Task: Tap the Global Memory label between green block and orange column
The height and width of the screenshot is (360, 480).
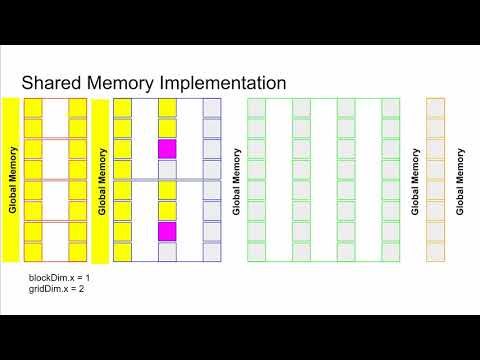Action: tap(414, 181)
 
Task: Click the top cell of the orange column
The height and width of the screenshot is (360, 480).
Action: tap(435, 108)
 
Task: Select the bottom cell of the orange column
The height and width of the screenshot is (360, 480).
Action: tap(435, 253)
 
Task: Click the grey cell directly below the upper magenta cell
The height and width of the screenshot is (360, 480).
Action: tap(166, 170)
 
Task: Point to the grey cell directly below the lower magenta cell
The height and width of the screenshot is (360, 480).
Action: tap(166, 252)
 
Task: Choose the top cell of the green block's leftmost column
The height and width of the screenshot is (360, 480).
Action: tap(257, 108)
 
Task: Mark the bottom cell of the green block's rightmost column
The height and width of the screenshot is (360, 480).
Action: tap(390, 253)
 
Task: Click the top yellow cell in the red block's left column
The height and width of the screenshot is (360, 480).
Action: tap(33, 108)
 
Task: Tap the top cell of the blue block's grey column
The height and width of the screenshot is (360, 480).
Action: tap(211, 108)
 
